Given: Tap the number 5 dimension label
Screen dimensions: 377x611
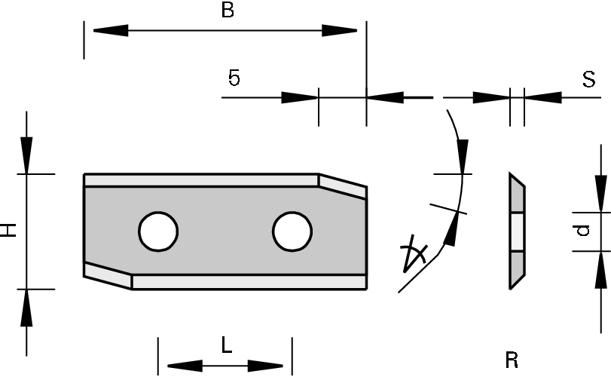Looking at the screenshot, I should tap(234, 78).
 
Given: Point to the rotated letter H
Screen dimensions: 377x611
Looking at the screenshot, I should tap(10, 231).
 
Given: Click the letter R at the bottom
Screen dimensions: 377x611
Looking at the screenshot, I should tap(512, 360).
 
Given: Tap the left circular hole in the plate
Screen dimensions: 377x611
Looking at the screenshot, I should tap(157, 231).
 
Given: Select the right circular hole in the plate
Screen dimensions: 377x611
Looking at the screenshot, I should tap(292, 231).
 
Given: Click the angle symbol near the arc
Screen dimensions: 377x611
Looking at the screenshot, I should tap(414, 255).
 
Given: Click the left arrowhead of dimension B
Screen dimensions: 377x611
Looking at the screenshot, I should tap(110, 30).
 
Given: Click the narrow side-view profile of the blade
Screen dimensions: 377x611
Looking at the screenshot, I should tap(516, 231).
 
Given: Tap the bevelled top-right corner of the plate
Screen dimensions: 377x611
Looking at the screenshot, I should tap(343, 185).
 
